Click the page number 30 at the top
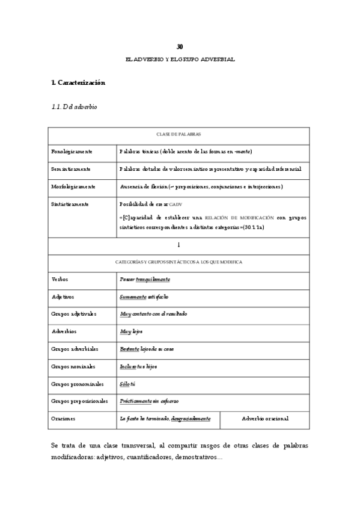pyautogui.click(x=180, y=46)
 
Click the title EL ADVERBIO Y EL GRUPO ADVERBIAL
pyautogui.click(x=180, y=60)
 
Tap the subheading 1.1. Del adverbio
pyautogui.click(x=75, y=107)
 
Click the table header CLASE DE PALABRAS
pyautogui.click(x=179, y=135)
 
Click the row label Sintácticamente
pyautogui.click(x=71, y=204)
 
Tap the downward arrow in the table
pyautogui.click(x=179, y=245)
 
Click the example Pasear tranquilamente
pyautogui.click(x=145, y=279)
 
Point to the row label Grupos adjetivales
pyautogui.click(x=75, y=314)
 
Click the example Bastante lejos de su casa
pyautogui.click(x=147, y=349)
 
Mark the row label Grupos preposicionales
pyautogui.click(x=80, y=401)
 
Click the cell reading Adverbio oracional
pyautogui.click(x=264, y=419)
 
